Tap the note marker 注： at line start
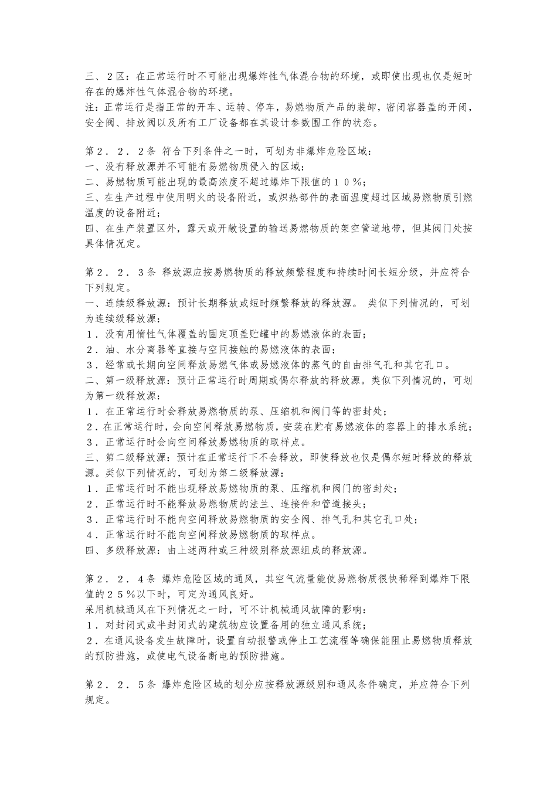(94, 108)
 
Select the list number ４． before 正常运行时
(93, 535)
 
